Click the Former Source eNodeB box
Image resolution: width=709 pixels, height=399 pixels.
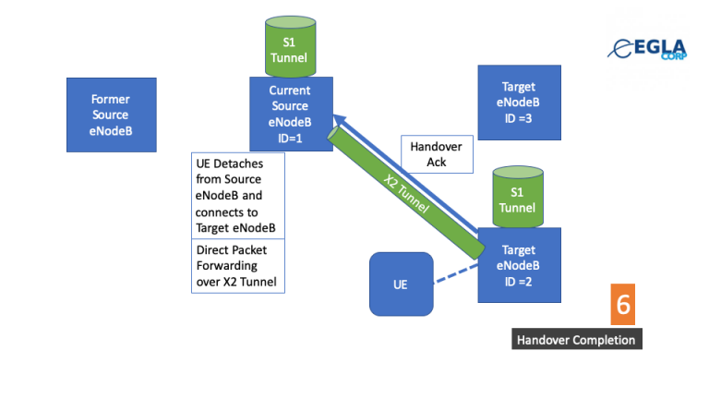[x=111, y=115]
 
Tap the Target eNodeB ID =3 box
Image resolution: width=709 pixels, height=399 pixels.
[x=519, y=102]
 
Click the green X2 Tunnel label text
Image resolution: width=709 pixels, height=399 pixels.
[x=407, y=195]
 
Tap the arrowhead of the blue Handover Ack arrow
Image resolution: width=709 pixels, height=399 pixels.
[x=339, y=119]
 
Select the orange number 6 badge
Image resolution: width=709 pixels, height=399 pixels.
[x=623, y=306]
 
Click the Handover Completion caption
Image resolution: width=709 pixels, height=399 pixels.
[x=576, y=340]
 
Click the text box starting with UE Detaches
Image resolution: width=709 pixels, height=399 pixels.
[x=238, y=196]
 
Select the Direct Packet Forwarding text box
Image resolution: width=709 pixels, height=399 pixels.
[x=238, y=267]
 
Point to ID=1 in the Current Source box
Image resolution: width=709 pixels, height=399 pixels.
[x=289, y=138]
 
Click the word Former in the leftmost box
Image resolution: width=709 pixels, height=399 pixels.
[x=111, y=99]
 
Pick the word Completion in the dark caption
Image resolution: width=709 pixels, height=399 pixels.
[x=601, y=340]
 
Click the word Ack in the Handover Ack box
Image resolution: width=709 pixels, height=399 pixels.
[x=437, y=163]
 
